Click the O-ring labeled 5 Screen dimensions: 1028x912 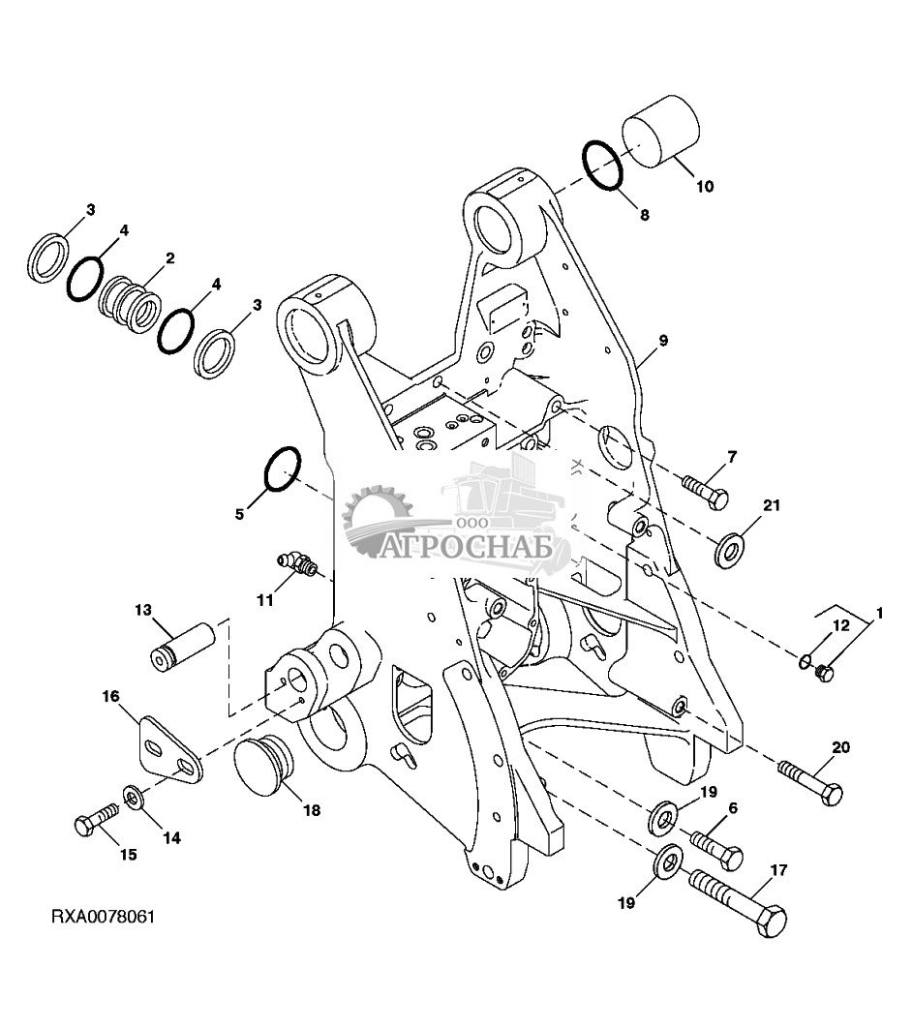[x=281, y=469]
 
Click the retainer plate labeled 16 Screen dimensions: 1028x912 [x=168, y=750]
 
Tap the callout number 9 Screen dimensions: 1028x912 [x=663, y=340]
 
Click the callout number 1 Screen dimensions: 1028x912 [x=880, y=612]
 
